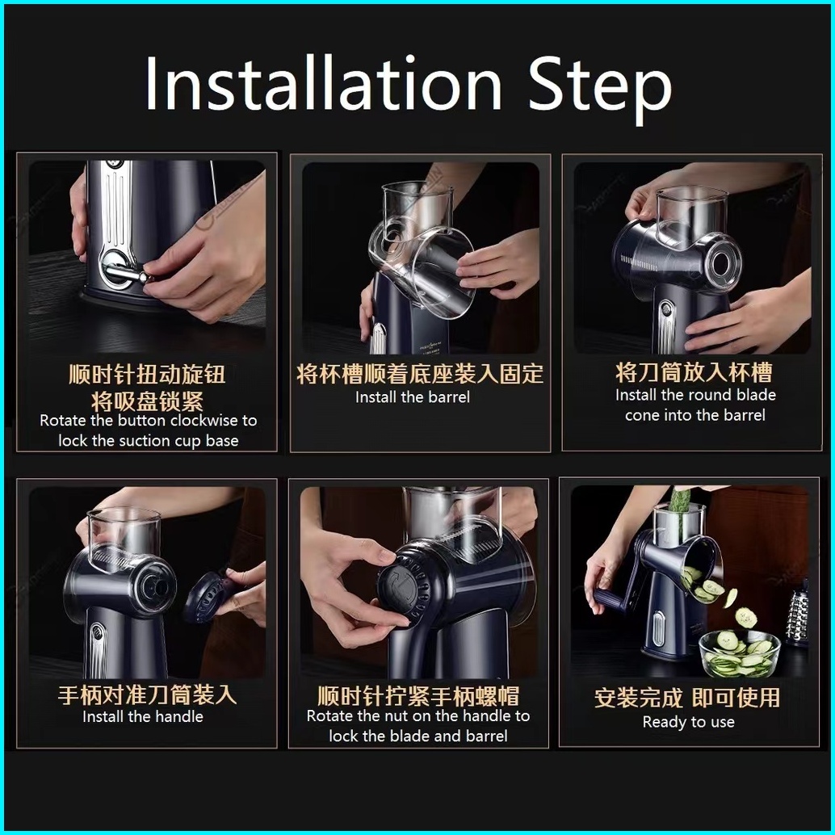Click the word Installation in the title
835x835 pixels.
[324, 84]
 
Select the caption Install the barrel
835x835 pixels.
[412, 397]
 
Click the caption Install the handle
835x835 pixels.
[143, 716]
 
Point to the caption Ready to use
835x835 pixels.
[689, 722]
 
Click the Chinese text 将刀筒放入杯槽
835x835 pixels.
[694, 372]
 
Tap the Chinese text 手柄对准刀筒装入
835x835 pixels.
[147, 694]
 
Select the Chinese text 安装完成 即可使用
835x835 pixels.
[687, 697]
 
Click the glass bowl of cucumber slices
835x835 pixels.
[739, 654]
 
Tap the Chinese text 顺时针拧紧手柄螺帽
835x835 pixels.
[418, 695]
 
